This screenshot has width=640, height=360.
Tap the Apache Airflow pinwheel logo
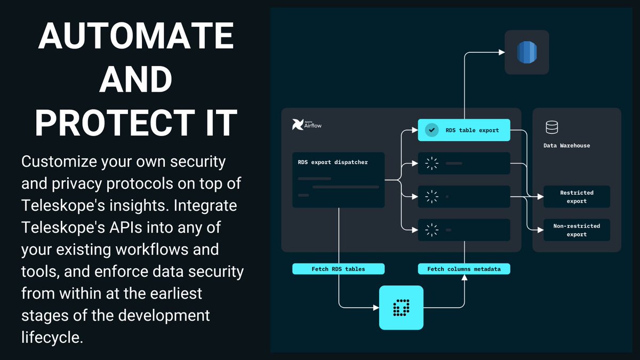(x=298, y=125)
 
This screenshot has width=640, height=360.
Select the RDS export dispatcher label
(x=333, y=162)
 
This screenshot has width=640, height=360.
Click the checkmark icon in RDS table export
(x=431, y=130)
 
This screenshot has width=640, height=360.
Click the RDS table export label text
(x=472, y=130)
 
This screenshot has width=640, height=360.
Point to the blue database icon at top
(x=527, y=52)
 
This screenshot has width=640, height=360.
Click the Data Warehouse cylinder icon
(x=551, y=127)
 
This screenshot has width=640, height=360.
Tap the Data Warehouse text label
(x=566, y=145)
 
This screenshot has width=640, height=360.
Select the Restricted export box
(x=577, y=197)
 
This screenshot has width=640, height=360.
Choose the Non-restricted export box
(x=577, y=230)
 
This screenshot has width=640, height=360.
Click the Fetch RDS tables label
(x=338, y=269)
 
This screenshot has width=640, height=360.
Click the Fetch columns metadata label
(x=463, y=269)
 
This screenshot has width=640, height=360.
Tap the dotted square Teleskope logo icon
(x=401, y=308)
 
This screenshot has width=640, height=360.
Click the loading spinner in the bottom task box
(x=431, y=230)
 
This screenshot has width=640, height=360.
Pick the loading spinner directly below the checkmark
(x=431, y=164)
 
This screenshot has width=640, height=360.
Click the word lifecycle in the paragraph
(x=52, y=338)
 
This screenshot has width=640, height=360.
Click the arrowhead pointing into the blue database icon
(x=501, y=52)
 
